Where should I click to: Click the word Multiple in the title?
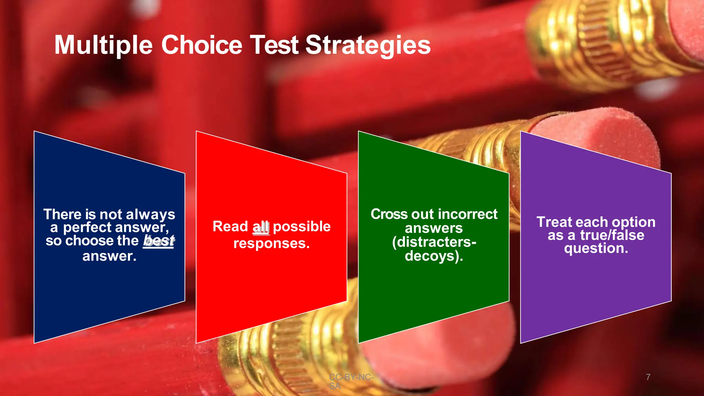(103, 45)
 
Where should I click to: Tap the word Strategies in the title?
(368, 45)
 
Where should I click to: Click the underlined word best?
(158, 241)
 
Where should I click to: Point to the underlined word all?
(261, 227)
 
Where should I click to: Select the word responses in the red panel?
(272, 243)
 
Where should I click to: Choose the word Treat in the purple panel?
(554, 222)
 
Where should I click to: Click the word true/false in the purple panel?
(612, 235)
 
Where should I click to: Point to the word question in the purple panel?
(596, 249)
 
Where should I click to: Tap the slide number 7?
(648, 377)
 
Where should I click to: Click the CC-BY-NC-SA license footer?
(351, 381)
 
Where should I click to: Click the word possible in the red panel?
(301, 227)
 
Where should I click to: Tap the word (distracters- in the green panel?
(434, 242)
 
